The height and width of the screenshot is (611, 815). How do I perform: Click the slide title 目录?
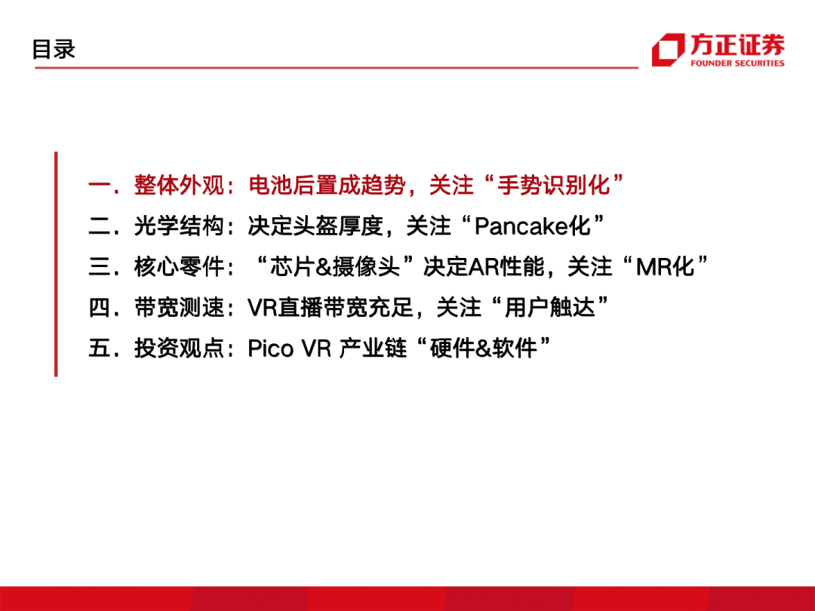[54, 49]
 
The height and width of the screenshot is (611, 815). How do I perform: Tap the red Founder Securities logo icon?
[669, 50]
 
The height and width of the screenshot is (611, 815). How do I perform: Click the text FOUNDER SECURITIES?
[737, 63]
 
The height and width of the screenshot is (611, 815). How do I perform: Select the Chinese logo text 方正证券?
[737, 45]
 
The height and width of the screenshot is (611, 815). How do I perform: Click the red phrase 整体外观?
[179, 185]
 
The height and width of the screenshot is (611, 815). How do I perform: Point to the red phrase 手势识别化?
[554, 185]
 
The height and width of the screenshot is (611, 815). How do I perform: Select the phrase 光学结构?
[179, 226]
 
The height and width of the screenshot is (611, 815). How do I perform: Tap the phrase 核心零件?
[179, 266]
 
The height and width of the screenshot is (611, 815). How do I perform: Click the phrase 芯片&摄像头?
[335, 266]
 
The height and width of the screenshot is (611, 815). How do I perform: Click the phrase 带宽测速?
[179, 307]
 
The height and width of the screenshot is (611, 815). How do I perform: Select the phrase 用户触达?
[549, 307]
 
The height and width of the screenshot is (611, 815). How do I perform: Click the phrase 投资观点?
[179, 348]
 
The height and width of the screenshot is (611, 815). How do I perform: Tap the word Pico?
[270, 348]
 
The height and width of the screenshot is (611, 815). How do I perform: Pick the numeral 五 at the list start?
[99, 348]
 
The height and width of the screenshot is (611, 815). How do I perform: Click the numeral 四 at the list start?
[99, 307]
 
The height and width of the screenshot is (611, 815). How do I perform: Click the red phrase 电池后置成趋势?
[327, 185]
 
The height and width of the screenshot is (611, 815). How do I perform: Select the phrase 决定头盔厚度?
[315, 226]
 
